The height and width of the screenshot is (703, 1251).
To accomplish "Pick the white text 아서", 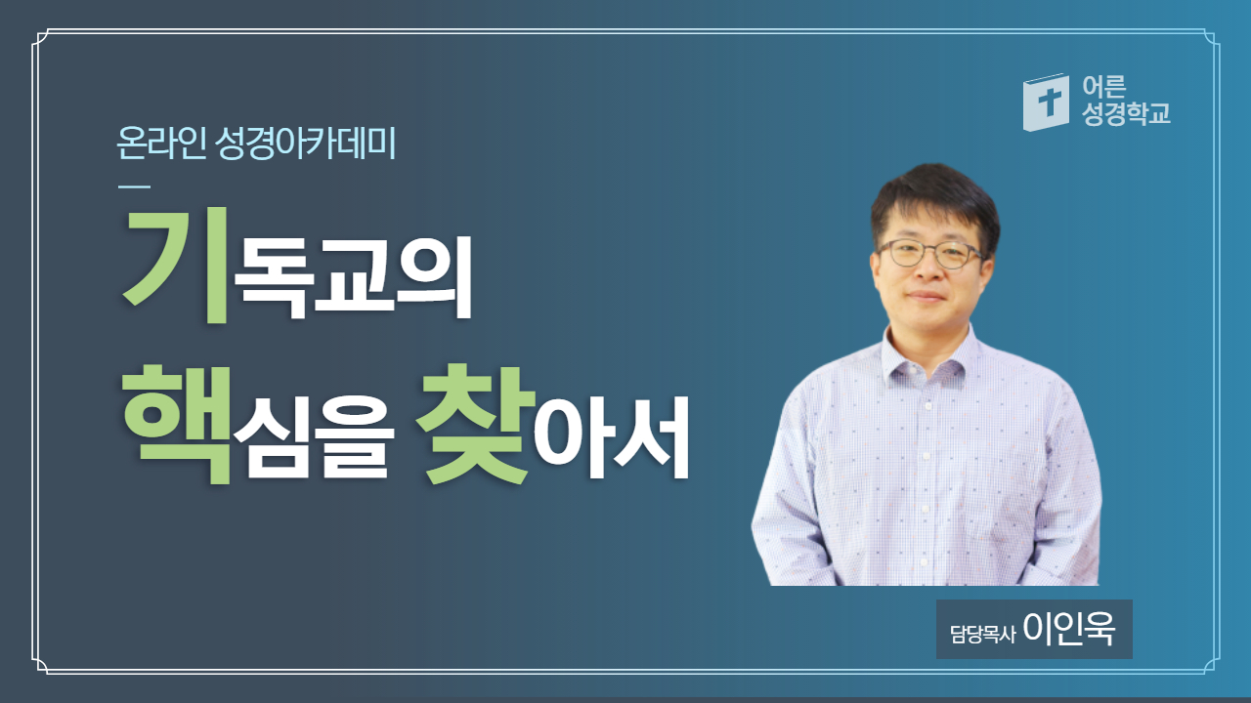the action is [x=612, y=437].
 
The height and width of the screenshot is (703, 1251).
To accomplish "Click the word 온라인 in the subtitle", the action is [x=161, y=144].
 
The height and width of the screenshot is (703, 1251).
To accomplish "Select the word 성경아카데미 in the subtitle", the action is [x=305, y=144].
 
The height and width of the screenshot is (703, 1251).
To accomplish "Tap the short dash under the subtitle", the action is [x=135, y=186].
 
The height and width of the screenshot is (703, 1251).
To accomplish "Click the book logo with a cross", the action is [x=1046, y=103].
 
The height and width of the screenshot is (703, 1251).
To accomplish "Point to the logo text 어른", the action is [x=1104, y=87].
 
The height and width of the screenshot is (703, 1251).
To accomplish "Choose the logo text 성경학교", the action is [x=1126, y=114].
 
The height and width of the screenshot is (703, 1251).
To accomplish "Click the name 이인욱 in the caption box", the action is [x=1069, y=629].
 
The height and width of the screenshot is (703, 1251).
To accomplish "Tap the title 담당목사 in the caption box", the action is [x=982, y=634].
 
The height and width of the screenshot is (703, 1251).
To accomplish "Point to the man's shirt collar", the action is [x=928, y=354].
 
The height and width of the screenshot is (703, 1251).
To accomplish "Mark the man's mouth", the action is [x=926, y=296].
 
